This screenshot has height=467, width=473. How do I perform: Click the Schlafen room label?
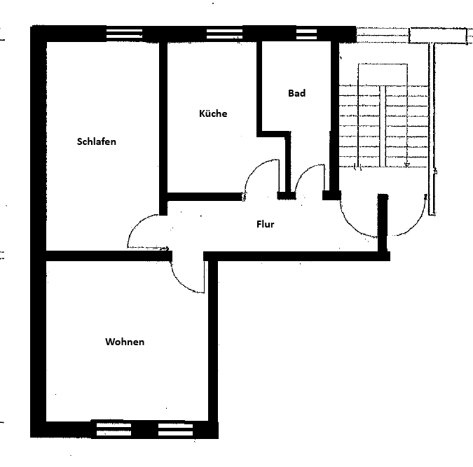(x=96, y=141)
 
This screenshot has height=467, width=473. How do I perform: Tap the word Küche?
(x=213, y=113)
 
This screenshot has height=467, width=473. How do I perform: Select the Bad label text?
(x=296, y=93)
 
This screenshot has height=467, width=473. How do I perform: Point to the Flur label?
(x=265, y=225)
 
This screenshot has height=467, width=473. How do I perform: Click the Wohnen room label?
(x=125, y=342)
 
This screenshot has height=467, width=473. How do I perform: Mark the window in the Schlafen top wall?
(x=124, y=33)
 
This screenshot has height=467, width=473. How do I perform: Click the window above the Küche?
(x=224, y=33)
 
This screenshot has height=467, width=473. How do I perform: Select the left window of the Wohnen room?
(x=111, y=428)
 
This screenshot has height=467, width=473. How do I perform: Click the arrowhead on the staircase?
(x=407, y=165)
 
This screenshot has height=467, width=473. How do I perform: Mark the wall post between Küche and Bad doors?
(x=286, y=195)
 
